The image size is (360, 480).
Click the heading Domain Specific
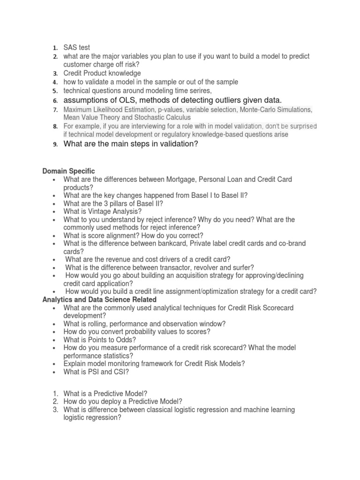68,172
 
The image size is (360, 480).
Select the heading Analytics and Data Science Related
99,299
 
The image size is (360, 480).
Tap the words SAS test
76,47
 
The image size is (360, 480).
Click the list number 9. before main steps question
54,144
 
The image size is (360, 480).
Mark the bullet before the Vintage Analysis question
55,211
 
